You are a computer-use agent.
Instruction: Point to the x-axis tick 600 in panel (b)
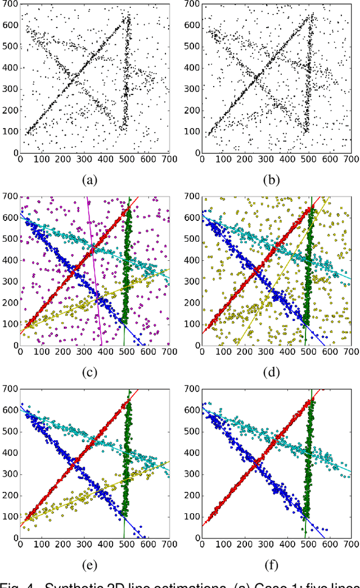tap(331, 159)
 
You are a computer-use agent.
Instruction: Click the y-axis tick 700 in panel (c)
tap(10, 196)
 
